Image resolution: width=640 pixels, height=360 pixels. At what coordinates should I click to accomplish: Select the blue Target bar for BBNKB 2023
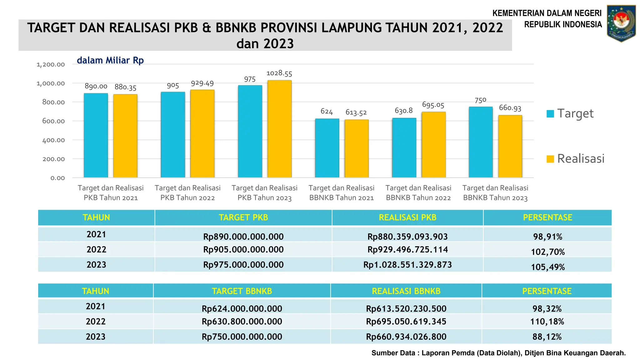(x=481, y=142)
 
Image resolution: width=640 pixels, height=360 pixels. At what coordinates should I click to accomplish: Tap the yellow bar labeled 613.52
(x=356, y=148)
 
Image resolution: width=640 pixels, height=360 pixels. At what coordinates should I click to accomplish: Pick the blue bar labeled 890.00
(x=96, y=135)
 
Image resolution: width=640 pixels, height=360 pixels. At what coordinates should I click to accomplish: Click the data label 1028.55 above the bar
(x=279, y=73)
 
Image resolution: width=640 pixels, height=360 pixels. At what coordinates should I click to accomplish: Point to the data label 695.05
(x=433, y=105)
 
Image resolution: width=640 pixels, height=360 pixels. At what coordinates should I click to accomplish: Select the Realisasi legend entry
(x=575, y=159)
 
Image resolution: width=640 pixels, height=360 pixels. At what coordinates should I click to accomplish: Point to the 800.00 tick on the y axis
(x=53, y=102)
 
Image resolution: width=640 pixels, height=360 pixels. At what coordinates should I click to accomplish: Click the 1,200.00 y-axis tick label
(x=51, y=64)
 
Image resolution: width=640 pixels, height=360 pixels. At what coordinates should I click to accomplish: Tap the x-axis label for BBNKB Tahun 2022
(x=418, y=193)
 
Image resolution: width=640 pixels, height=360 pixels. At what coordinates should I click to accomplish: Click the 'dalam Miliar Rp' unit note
(x=110, y=60)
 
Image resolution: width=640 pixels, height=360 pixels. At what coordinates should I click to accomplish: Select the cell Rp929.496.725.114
(x=407, y=249)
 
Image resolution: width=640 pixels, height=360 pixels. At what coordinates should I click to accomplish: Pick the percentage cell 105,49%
(x=547, y=267)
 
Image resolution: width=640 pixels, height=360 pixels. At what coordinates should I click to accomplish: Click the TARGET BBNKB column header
(x=242, y=291)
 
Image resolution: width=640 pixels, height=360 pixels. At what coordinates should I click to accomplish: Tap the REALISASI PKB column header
(x=407, y=217)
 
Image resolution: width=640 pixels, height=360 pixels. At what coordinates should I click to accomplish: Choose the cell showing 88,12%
(x=547, y=337)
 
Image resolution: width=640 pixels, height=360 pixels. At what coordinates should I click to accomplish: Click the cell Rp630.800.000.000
(x=242, y=321)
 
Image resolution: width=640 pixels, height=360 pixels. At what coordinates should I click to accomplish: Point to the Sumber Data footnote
(x=498, y=353)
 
